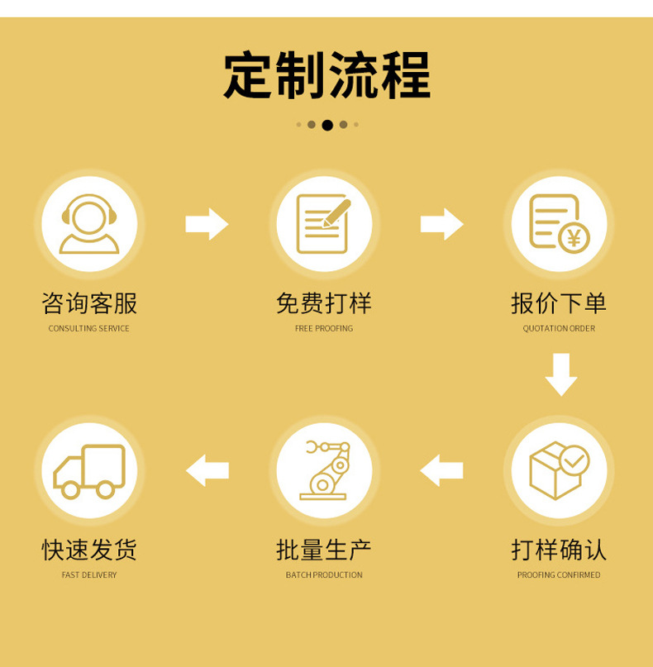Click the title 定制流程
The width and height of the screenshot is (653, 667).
coord(326,77)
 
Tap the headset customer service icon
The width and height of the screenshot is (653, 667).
coord(89,223)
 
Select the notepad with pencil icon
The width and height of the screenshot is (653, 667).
coord(323,223)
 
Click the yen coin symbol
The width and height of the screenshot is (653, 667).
coord(574,239)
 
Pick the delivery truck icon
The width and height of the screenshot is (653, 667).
coord(89,470)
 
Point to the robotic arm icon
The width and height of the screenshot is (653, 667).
coord(324,470)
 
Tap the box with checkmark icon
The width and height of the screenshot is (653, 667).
coord(559,470)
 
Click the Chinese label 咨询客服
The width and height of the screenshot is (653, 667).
coord(89,303)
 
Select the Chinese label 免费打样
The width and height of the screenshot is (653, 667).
coord(324,303)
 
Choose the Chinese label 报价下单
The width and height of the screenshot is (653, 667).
coord(559,303)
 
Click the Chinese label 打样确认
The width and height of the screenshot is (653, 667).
coord(559,550)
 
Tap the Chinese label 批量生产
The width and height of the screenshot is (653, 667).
coord(324,550)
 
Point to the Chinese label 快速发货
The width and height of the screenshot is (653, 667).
coord(89,550)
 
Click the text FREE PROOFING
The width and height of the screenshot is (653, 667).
coord(324,329)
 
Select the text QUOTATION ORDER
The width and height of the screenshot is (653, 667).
coord(559,329)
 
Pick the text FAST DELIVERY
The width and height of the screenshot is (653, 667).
coord(89,575)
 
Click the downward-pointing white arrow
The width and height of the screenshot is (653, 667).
coord(560,374)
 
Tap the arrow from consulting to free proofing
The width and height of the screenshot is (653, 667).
coord(207,223)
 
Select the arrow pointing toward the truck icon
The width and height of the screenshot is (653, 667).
coord(207,470)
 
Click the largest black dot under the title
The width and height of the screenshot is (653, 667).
coord(327,125)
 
